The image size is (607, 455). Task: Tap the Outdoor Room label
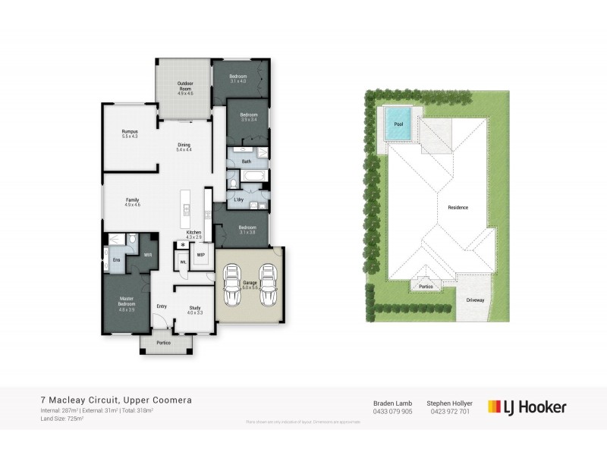[x=185, y=86]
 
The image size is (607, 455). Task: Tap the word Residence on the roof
[x=458, y=207]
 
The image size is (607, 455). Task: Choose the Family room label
[x=132, y=201]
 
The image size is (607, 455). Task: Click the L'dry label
[x=238, y=199]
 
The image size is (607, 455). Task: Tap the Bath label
[x=246, y=162]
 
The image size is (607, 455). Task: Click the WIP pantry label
[x=200, y=255]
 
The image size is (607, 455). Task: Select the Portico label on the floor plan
[x=163, y=343]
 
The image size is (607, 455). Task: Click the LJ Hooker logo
[x=527, y=407]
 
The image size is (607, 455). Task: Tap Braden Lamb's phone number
[x=392, y=412]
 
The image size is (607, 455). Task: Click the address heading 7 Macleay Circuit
[x=116, y=400]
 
